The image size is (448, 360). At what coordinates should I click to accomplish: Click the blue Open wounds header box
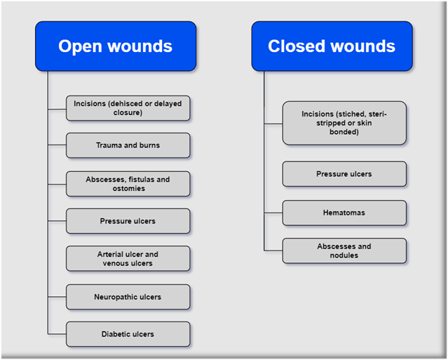115,46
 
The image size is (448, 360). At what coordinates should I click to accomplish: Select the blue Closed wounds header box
331,46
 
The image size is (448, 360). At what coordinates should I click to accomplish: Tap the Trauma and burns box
128,145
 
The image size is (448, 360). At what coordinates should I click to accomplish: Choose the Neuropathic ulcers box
128,297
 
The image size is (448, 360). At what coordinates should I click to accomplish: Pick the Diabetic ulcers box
128,334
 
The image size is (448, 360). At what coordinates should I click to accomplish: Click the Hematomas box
344,213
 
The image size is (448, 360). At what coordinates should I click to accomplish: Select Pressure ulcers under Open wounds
128,221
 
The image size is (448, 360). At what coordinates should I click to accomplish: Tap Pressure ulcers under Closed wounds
344,174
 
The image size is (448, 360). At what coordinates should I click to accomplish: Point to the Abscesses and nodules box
344,251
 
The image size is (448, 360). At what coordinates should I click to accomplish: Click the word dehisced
124,104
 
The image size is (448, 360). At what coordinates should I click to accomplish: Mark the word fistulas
143,180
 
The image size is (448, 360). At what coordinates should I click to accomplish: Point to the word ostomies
128,188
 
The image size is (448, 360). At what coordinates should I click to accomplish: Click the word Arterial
112,254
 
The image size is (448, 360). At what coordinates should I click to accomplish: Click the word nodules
344,255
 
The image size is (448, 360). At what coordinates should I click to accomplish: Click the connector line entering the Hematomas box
273,213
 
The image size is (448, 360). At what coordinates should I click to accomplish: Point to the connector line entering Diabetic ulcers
57,334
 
